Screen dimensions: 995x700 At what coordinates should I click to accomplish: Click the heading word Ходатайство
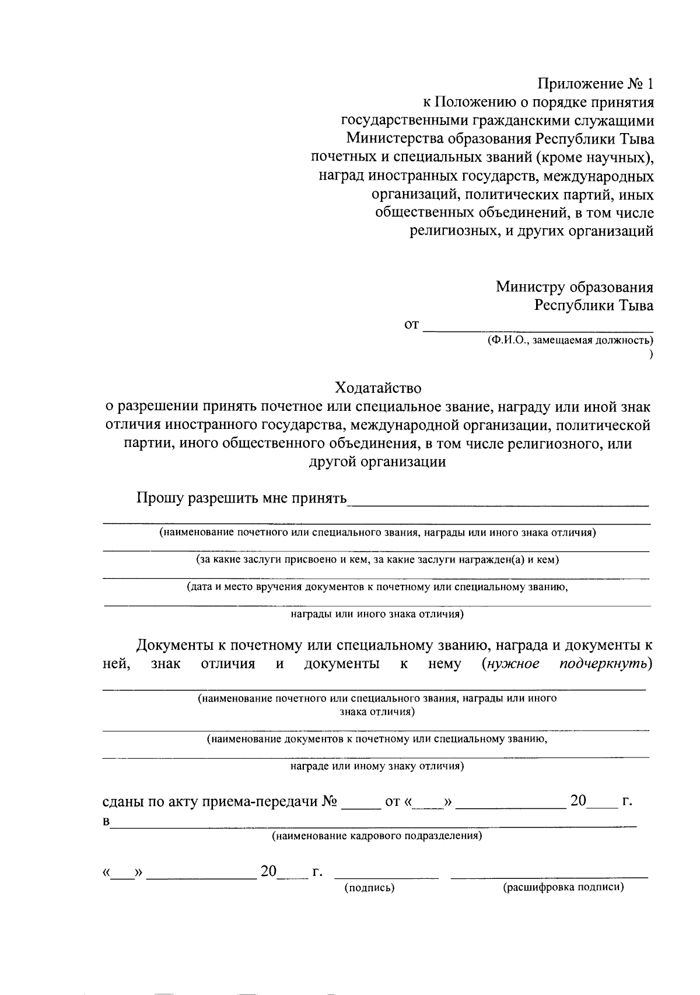pyautogui.click(x=377, y=387)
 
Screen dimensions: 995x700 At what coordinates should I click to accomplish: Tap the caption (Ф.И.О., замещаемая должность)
pyautogui.click(x=570, y=340)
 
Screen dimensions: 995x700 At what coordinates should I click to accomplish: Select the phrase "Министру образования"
pyautogui.click(x=574, y=287)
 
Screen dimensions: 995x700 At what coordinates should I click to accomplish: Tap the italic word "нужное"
pyautogui.click(x=511, y=664)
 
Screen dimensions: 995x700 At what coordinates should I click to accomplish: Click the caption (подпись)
pyautogui.click(x=370, y=888)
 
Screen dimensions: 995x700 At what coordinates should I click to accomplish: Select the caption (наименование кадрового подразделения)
pyautogui.click(x=377, y=836)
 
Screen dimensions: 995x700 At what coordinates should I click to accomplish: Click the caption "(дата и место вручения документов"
pyautogui.click(x=377, y=587)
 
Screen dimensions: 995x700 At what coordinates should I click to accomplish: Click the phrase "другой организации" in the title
pyautogui.click(x=377, y=462)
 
